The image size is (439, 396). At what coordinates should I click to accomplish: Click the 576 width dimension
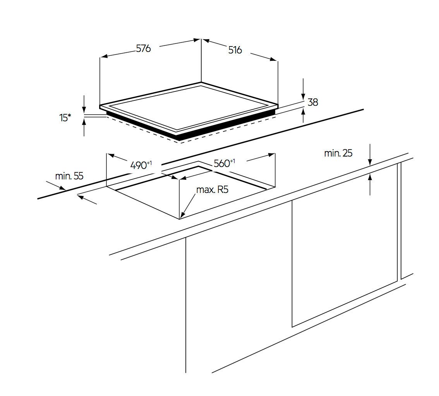click(143, 49)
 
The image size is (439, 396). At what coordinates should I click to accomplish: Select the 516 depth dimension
click(235, 50)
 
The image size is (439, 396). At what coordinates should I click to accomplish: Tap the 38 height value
click(312, 102)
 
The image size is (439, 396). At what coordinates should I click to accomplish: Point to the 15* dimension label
click(65, 118)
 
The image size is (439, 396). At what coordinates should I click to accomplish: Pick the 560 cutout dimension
click(222, 164)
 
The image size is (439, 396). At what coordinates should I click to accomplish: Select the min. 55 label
click(69, 176)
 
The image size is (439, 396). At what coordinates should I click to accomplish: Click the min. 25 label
click(338, 153)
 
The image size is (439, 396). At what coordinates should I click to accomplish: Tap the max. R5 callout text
click(212, 190)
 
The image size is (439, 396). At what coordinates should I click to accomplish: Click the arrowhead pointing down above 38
click(303, 95)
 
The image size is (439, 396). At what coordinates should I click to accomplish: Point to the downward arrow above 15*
click(84, 111)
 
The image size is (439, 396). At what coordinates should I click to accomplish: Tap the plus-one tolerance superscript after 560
click(233, 161)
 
